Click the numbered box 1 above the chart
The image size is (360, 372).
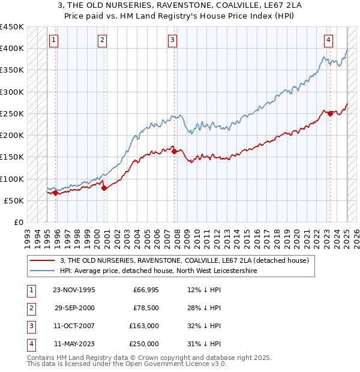(53, 40)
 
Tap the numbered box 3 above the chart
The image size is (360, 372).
(172, 40)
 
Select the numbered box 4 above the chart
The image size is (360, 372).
(329, 40)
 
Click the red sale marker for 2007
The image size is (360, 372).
(175, 151)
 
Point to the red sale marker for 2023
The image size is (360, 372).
(331, 113)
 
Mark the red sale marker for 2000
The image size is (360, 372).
(104, 188)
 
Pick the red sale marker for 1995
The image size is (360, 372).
(55, 193)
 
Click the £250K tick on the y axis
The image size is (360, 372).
(12, 113)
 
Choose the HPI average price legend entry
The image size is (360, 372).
(158, 271)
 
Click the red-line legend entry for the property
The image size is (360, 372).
(184, 260)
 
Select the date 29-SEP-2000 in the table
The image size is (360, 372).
(74, 308)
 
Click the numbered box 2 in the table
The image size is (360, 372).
(30, 308)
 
